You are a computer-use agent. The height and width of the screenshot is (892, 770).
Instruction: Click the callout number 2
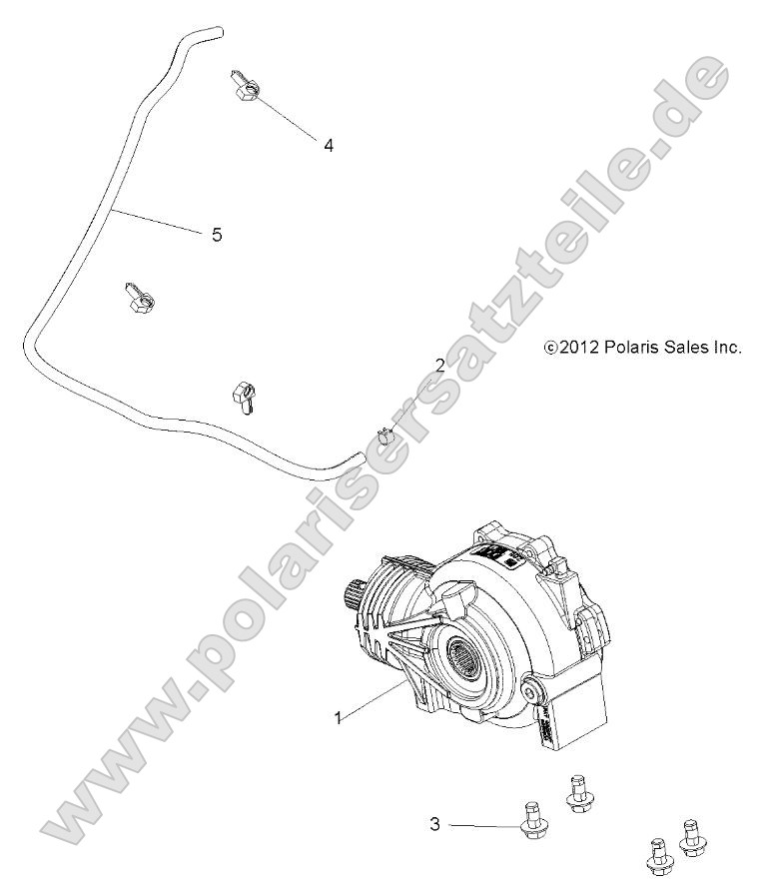coord(440,366)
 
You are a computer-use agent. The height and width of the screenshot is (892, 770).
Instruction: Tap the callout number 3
coord(435,824)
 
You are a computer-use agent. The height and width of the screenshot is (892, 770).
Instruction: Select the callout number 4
coord(329,145)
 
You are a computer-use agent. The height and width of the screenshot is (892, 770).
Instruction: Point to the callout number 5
coord(217,236)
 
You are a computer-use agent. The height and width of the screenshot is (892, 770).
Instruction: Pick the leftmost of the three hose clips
coord(137,299)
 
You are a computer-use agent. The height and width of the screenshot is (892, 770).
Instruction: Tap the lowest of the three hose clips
coord(245,393)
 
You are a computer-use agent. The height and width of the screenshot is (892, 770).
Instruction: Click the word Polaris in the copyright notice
coord(631,348)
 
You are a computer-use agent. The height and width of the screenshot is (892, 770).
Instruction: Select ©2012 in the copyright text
coord(570,348)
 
